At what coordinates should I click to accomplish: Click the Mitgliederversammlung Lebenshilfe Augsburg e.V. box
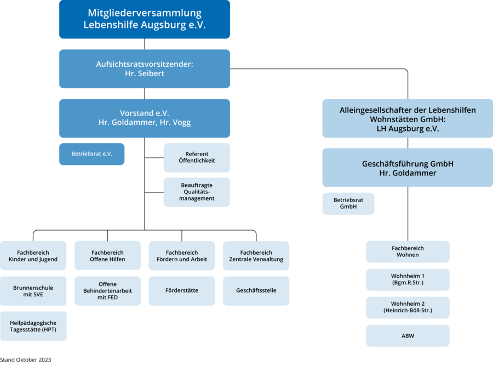[x=145, y=19]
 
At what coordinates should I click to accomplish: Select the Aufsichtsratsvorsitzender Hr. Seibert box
[x=145, y=68]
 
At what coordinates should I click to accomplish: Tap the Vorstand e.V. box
[x=145, y=118]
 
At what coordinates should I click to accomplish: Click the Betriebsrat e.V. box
[x=91, y=154]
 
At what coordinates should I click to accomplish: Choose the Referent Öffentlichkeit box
[x=197, y=157]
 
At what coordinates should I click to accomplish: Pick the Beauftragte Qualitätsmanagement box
[x=197, y=192]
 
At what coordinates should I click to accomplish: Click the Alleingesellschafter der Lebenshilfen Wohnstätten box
[x=408, y=118]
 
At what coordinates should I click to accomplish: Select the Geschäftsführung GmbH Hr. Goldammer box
[x=408, y=168]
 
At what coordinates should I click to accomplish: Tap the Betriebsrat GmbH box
[x=348, y=203]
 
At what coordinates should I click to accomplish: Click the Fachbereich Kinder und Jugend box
[x=33, y=256]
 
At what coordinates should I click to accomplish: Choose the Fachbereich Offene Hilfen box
[x=107, y=256]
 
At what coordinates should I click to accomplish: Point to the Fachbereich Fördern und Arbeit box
[x=181, y=256]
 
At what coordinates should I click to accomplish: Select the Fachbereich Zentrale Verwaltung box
[x=256, y=256]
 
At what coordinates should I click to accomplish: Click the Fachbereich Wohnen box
[x=408, y=251]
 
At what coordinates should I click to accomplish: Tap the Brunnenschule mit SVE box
[x=33, y=290]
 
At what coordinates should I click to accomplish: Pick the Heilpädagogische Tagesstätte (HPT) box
[x=33, y=326]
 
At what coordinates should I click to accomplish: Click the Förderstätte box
[x=181, y=290]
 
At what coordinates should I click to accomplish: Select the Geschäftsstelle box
[x=256, y=290]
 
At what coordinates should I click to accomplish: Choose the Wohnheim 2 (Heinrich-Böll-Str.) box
[x=408, y=307]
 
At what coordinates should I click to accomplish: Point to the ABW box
[x=408, y=336]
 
